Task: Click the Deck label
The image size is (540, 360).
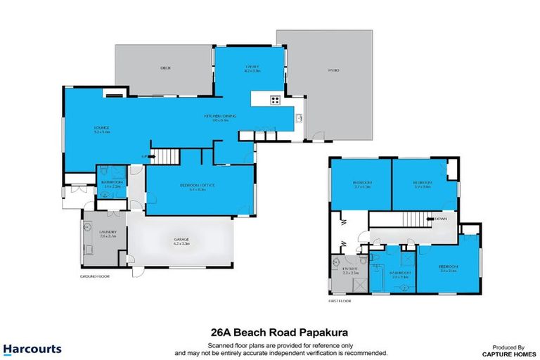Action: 165,68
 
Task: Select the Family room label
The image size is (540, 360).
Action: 252,68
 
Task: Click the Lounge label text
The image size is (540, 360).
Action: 101,128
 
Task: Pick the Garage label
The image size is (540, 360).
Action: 181,240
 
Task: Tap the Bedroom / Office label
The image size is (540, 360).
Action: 193,186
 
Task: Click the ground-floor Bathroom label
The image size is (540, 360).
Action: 112,181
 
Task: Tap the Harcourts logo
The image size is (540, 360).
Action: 32,349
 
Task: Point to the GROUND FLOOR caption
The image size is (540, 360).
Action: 94,276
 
